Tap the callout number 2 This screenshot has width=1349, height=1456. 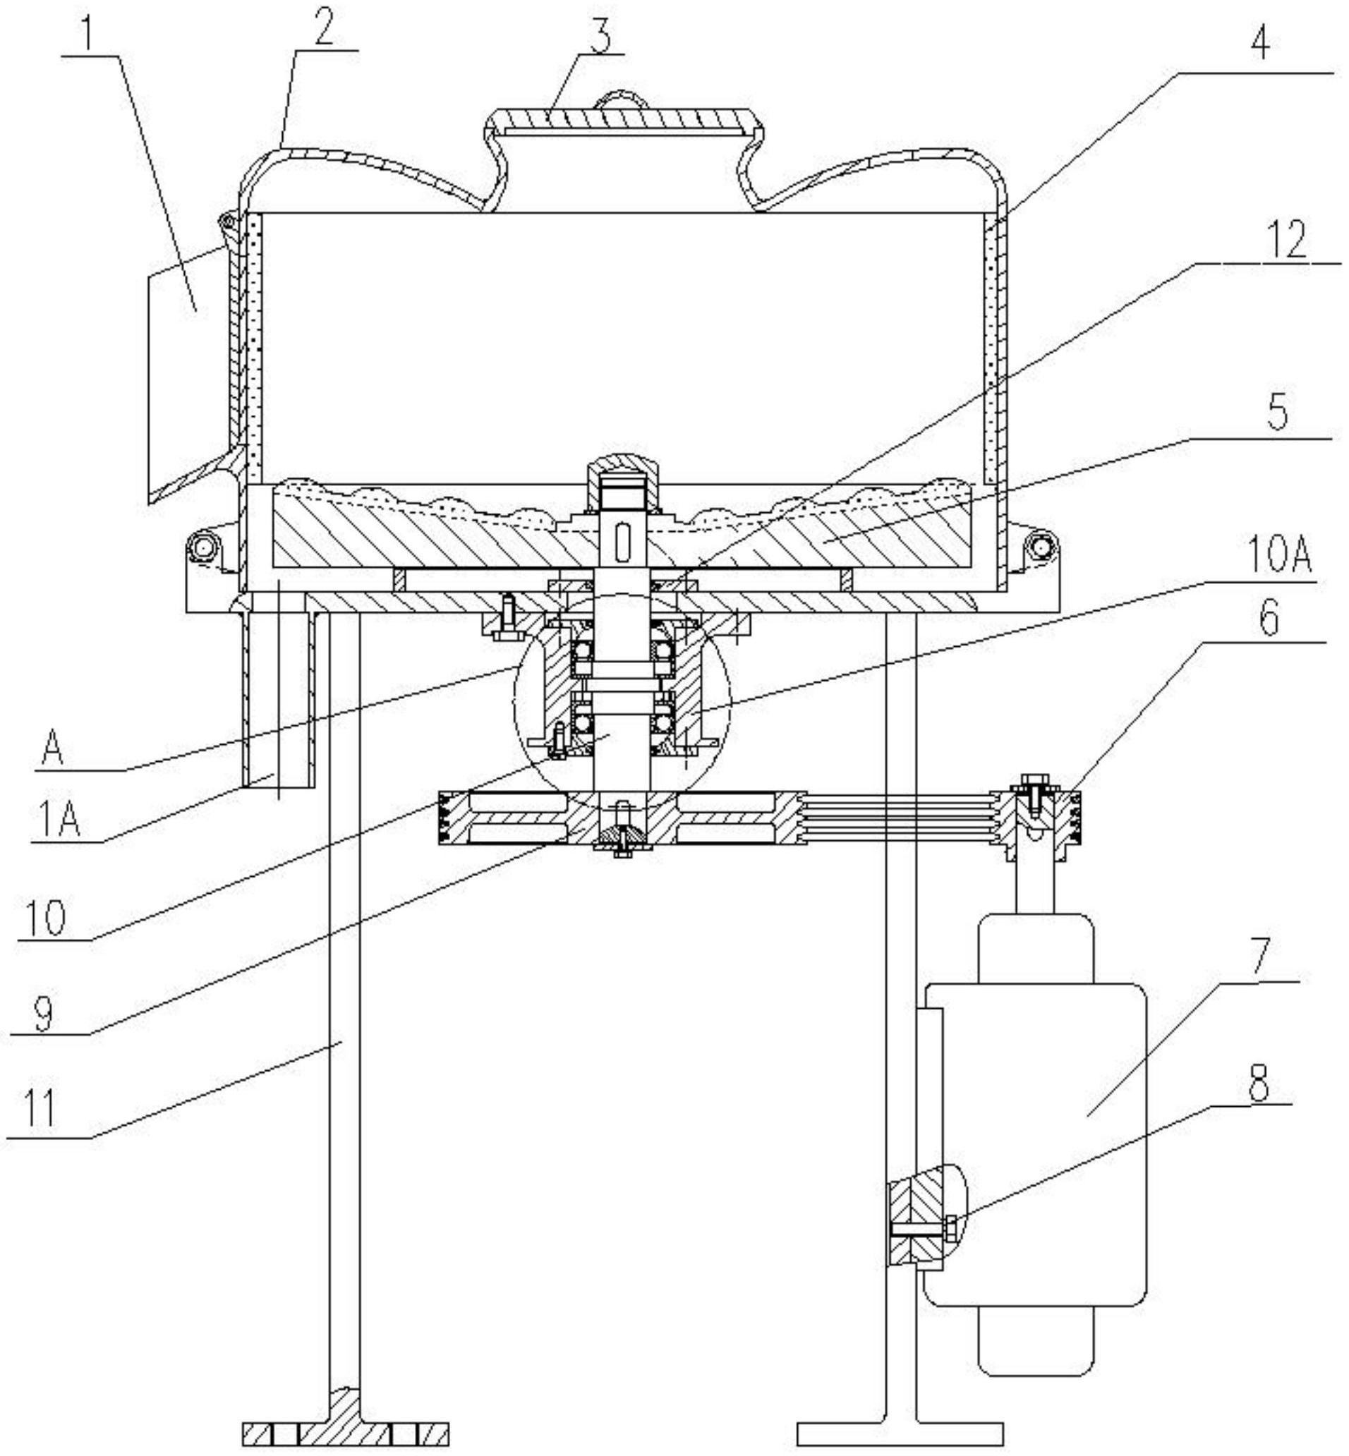pos(323,26)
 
